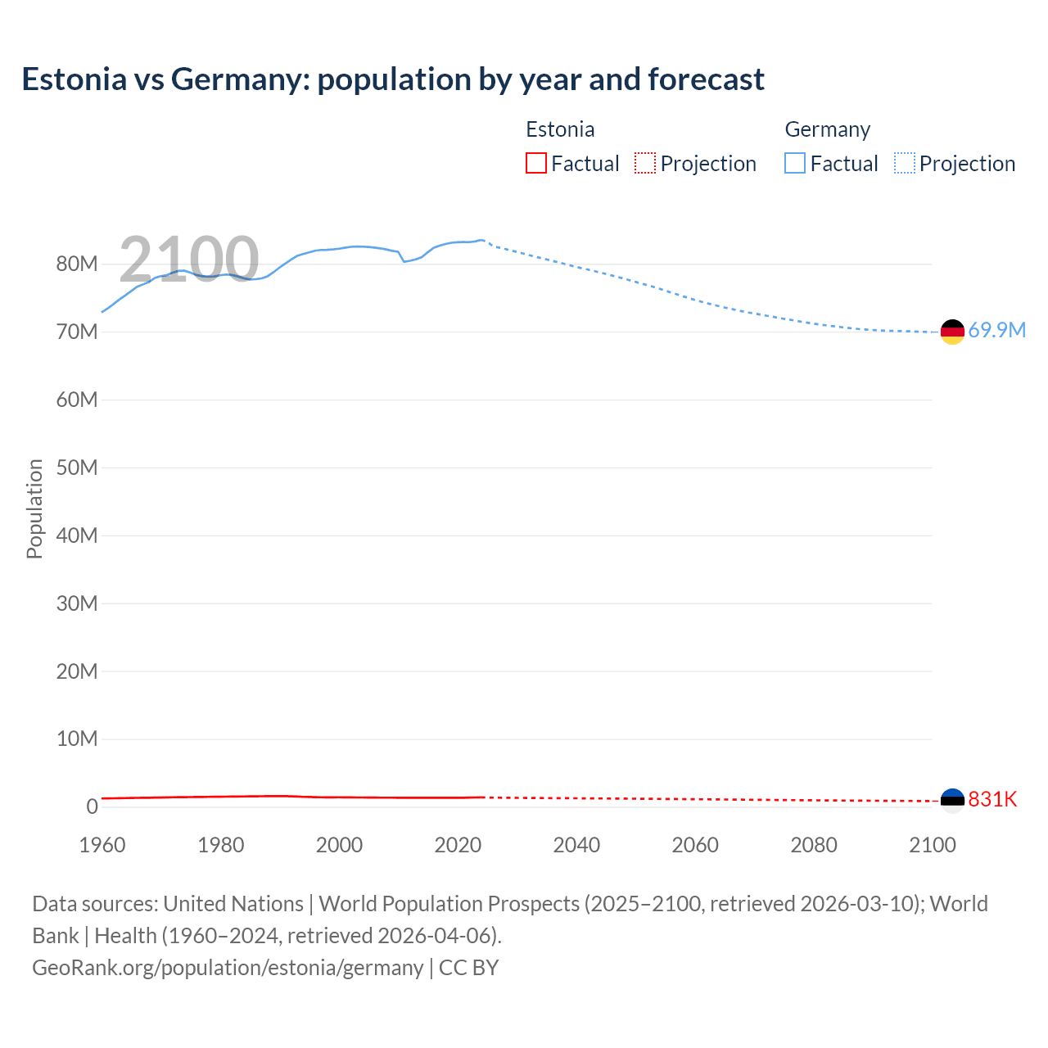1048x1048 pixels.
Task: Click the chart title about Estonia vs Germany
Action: [x=393, y=79]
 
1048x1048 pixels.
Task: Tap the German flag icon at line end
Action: [x=952, y=332]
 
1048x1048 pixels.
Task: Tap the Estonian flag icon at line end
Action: [x=952, y=800]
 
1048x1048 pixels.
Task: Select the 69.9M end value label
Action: [x=996, y=331]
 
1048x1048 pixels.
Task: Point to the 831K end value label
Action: [x=992, y=800]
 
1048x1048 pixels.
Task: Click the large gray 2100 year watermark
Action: [x=189, y=260]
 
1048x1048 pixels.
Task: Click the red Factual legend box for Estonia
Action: [x=536, y=164]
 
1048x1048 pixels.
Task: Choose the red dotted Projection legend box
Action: [x=645, y=164]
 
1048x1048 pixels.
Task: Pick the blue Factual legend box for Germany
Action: [x=795, y=164]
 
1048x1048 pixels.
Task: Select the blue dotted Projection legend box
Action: [x=905, y=164]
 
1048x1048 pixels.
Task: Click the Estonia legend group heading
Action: [x=560, y=129]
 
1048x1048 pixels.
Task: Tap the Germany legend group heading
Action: [x=827, y=129]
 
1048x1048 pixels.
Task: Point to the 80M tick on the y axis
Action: [x=77, y=264]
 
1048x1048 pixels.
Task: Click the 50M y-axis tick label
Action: [x=77, y=468]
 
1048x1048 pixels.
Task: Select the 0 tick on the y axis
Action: [x=92, y=807]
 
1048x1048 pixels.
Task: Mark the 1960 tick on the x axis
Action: [x=102, y=845]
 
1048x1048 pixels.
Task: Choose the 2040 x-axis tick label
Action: [x=576, y=845]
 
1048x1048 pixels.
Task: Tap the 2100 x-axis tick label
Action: [x=932, y=845]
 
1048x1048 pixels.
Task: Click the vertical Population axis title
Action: [x=34, y=508]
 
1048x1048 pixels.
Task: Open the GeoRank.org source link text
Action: [x=228, y=968]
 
